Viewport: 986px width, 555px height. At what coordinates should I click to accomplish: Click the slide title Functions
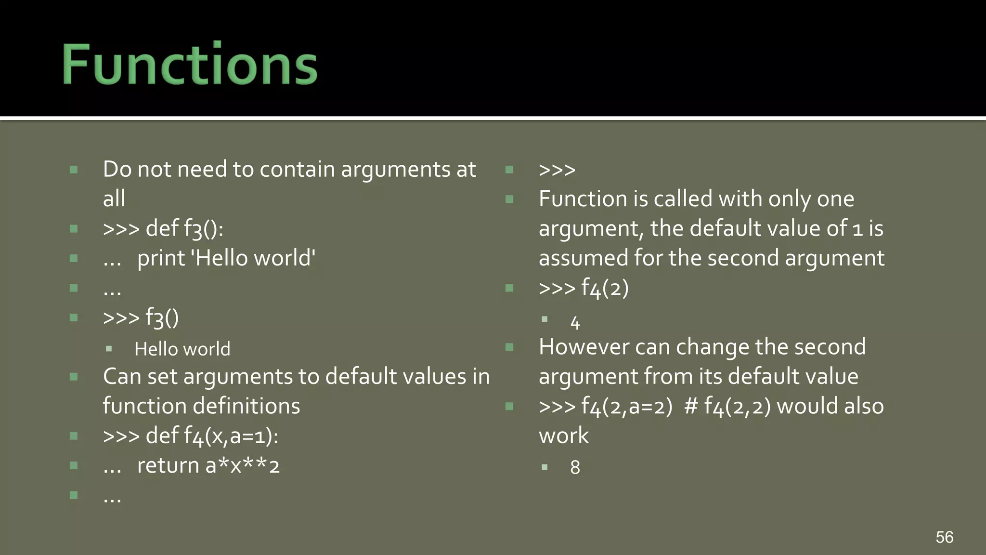pos(190,65)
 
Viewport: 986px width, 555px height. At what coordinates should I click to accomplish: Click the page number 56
pos(944,537)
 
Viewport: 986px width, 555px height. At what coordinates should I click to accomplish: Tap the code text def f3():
pos(184,228)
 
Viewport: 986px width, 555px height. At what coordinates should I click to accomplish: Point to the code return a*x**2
pos(208,466)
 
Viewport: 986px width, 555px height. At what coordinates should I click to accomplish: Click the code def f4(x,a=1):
pos(212,436)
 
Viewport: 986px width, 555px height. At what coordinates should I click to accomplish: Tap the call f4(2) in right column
pos(605,288)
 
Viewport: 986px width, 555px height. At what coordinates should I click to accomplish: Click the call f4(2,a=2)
pos(626,407)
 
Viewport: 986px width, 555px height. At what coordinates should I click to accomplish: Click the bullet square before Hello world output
pos(109,349)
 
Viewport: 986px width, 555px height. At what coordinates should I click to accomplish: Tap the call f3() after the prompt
pos(162,318)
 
